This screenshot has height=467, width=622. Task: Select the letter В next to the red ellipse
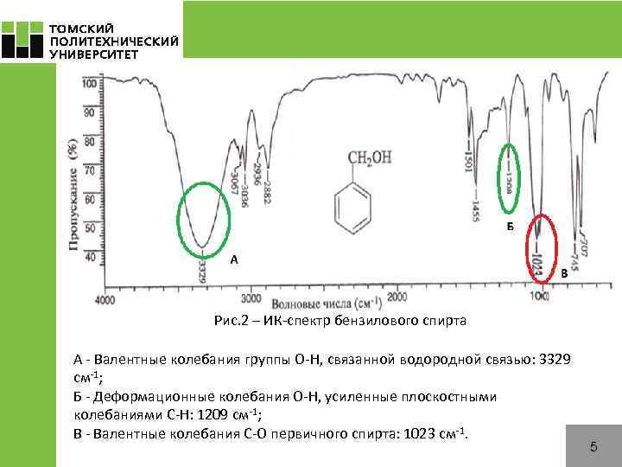pyautogui.click(x=564, y=273)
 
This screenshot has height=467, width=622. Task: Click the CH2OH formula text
pyautogui.click(x=368, y=158)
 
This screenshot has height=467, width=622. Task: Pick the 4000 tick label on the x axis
pyautogui.click(x=105, y=300)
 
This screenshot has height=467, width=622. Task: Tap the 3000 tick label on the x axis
pyautogui.click(x=251, y=298)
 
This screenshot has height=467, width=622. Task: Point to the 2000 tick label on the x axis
pyautogui.click(x=397, y=297)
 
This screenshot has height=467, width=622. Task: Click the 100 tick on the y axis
pyautogui.click(x=89, y=85)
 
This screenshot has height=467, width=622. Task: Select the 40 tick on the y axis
pyautogui.click(x=90, y=257)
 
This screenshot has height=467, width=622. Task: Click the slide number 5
pyautogui.click(x=593, y=447)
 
